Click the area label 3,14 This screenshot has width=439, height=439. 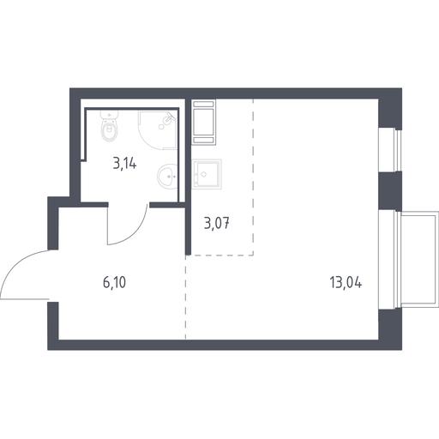click(124, 164)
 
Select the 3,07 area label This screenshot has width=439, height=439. click(217, 223)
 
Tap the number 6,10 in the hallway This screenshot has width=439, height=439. click(114, 282)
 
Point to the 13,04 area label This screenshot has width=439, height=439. click(346, 282)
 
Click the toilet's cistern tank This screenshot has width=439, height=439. click(109, 115)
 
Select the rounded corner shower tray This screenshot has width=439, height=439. click(158, 130)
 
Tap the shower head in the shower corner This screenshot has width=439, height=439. click(170, 117)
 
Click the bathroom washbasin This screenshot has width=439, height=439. click(168, 177)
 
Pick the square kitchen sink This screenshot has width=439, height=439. click(207, 174)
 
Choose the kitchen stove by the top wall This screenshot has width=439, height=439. click(204, 123)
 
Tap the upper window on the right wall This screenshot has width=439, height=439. click(390, 150)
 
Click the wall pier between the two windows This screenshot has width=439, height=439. click(390, 191)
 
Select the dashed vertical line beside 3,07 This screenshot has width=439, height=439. click(253, 177)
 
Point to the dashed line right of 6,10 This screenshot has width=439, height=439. click(186, 298)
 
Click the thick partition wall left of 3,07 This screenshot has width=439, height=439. click(188, 177)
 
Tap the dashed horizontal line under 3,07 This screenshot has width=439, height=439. click(222, 255)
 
